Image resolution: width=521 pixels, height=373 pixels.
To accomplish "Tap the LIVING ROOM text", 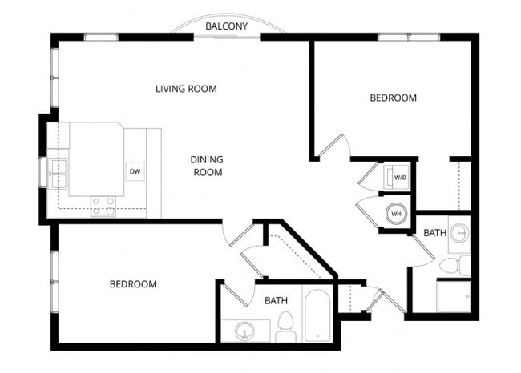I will [186, 88].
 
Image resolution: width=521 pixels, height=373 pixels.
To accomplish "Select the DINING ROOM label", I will [206, 166].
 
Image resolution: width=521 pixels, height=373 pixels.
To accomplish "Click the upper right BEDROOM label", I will [393, 98].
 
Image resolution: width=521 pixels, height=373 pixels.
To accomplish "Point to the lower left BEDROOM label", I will [133, 284].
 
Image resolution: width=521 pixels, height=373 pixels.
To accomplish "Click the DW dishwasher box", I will [135, 171].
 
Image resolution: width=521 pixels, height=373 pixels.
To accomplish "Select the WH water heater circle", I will [396, 214].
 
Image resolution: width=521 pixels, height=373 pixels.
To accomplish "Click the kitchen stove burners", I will [103, 207].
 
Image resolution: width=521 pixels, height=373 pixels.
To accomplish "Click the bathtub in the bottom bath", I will [316, 315].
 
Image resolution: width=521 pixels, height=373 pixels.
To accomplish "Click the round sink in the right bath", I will [459, 233].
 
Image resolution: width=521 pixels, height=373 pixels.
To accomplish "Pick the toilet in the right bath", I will [452, 265].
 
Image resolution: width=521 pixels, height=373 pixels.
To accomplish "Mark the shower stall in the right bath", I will [454, 295].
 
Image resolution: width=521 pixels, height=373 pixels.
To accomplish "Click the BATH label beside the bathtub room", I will [276, 300].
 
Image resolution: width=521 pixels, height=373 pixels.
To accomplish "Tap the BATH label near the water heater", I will [434, 233].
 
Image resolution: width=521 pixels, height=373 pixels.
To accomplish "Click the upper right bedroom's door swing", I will [335, 146].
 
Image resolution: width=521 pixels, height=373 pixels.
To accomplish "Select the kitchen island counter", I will [96, 159].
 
